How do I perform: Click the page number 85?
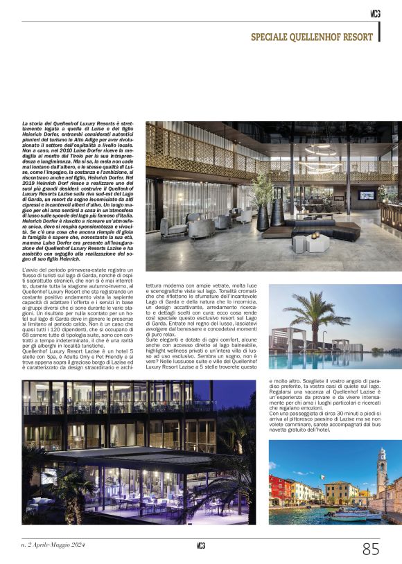371,549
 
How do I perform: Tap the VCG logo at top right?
374,13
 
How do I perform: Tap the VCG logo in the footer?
200,546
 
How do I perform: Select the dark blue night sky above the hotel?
229,395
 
